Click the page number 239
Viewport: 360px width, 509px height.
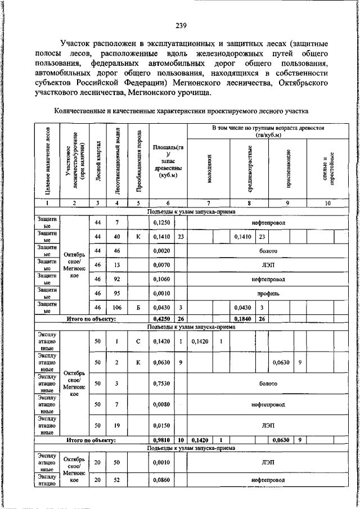point(181,25)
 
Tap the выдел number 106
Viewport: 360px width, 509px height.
point(117,308)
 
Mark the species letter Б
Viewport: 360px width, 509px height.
point(138,308)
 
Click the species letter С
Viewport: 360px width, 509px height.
point(138,340)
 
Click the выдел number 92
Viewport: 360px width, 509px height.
point(117,278)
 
